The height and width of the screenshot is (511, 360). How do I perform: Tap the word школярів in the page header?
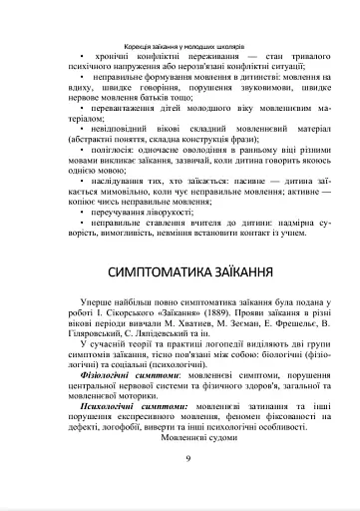(x=230, y=47)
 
